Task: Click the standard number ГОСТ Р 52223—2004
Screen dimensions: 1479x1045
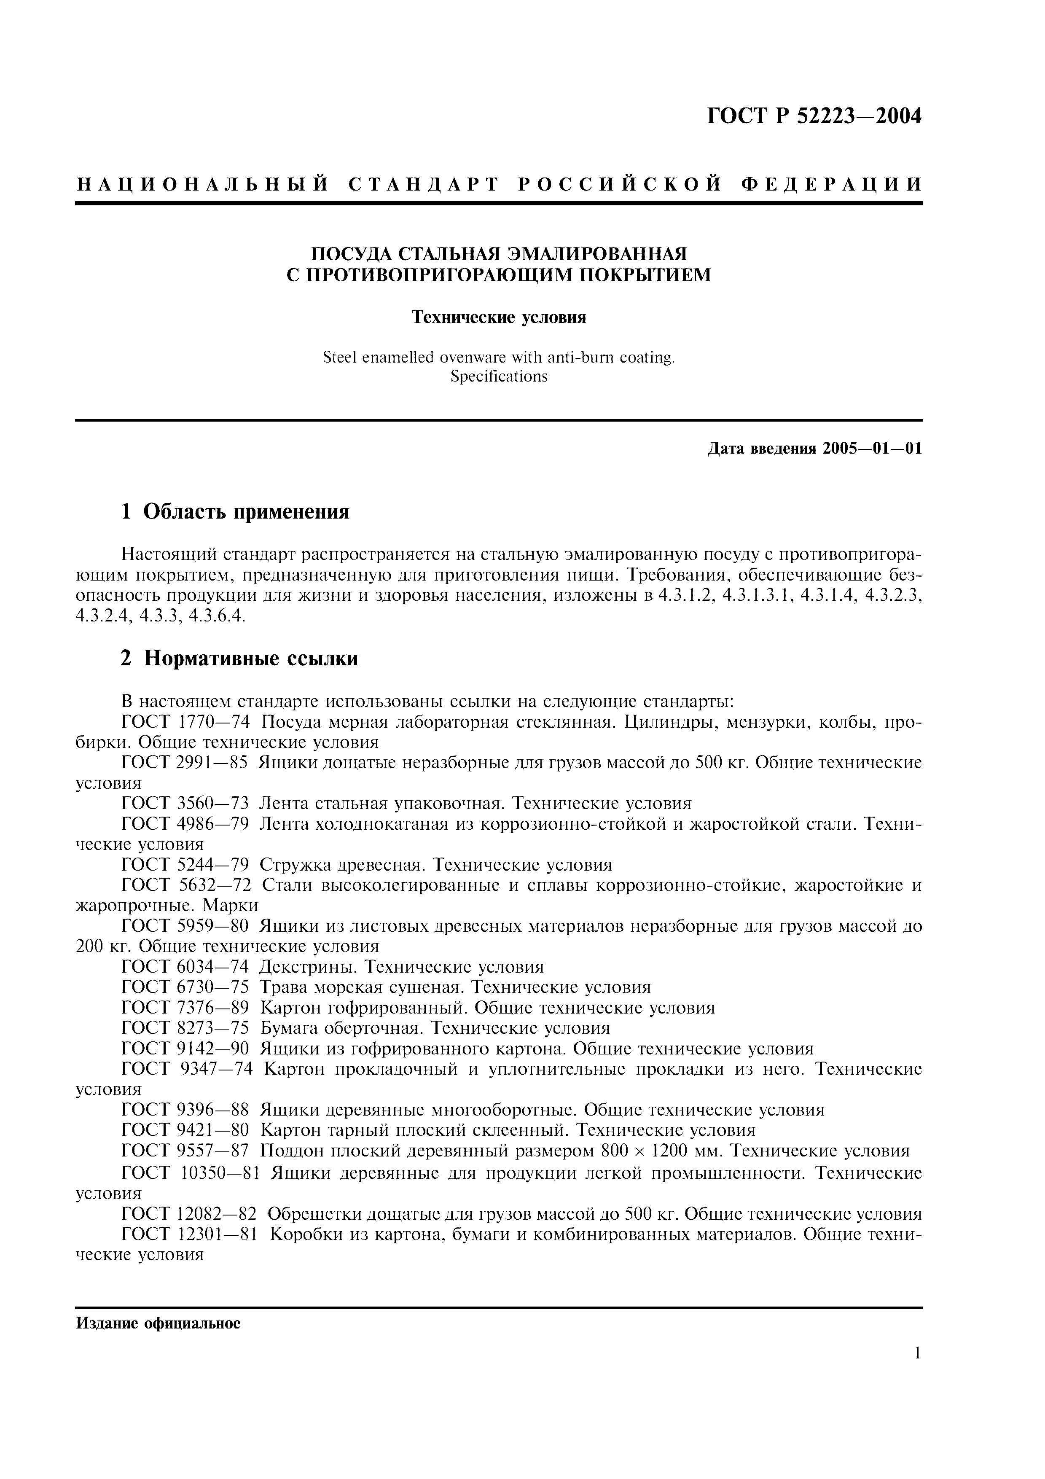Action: pyautogui.click(x=814, y=117)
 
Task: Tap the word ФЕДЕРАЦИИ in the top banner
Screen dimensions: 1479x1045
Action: pyautogui.click(x=831, y=185)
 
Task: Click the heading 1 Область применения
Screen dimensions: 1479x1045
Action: pyautogui.click(x=235, y=511)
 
